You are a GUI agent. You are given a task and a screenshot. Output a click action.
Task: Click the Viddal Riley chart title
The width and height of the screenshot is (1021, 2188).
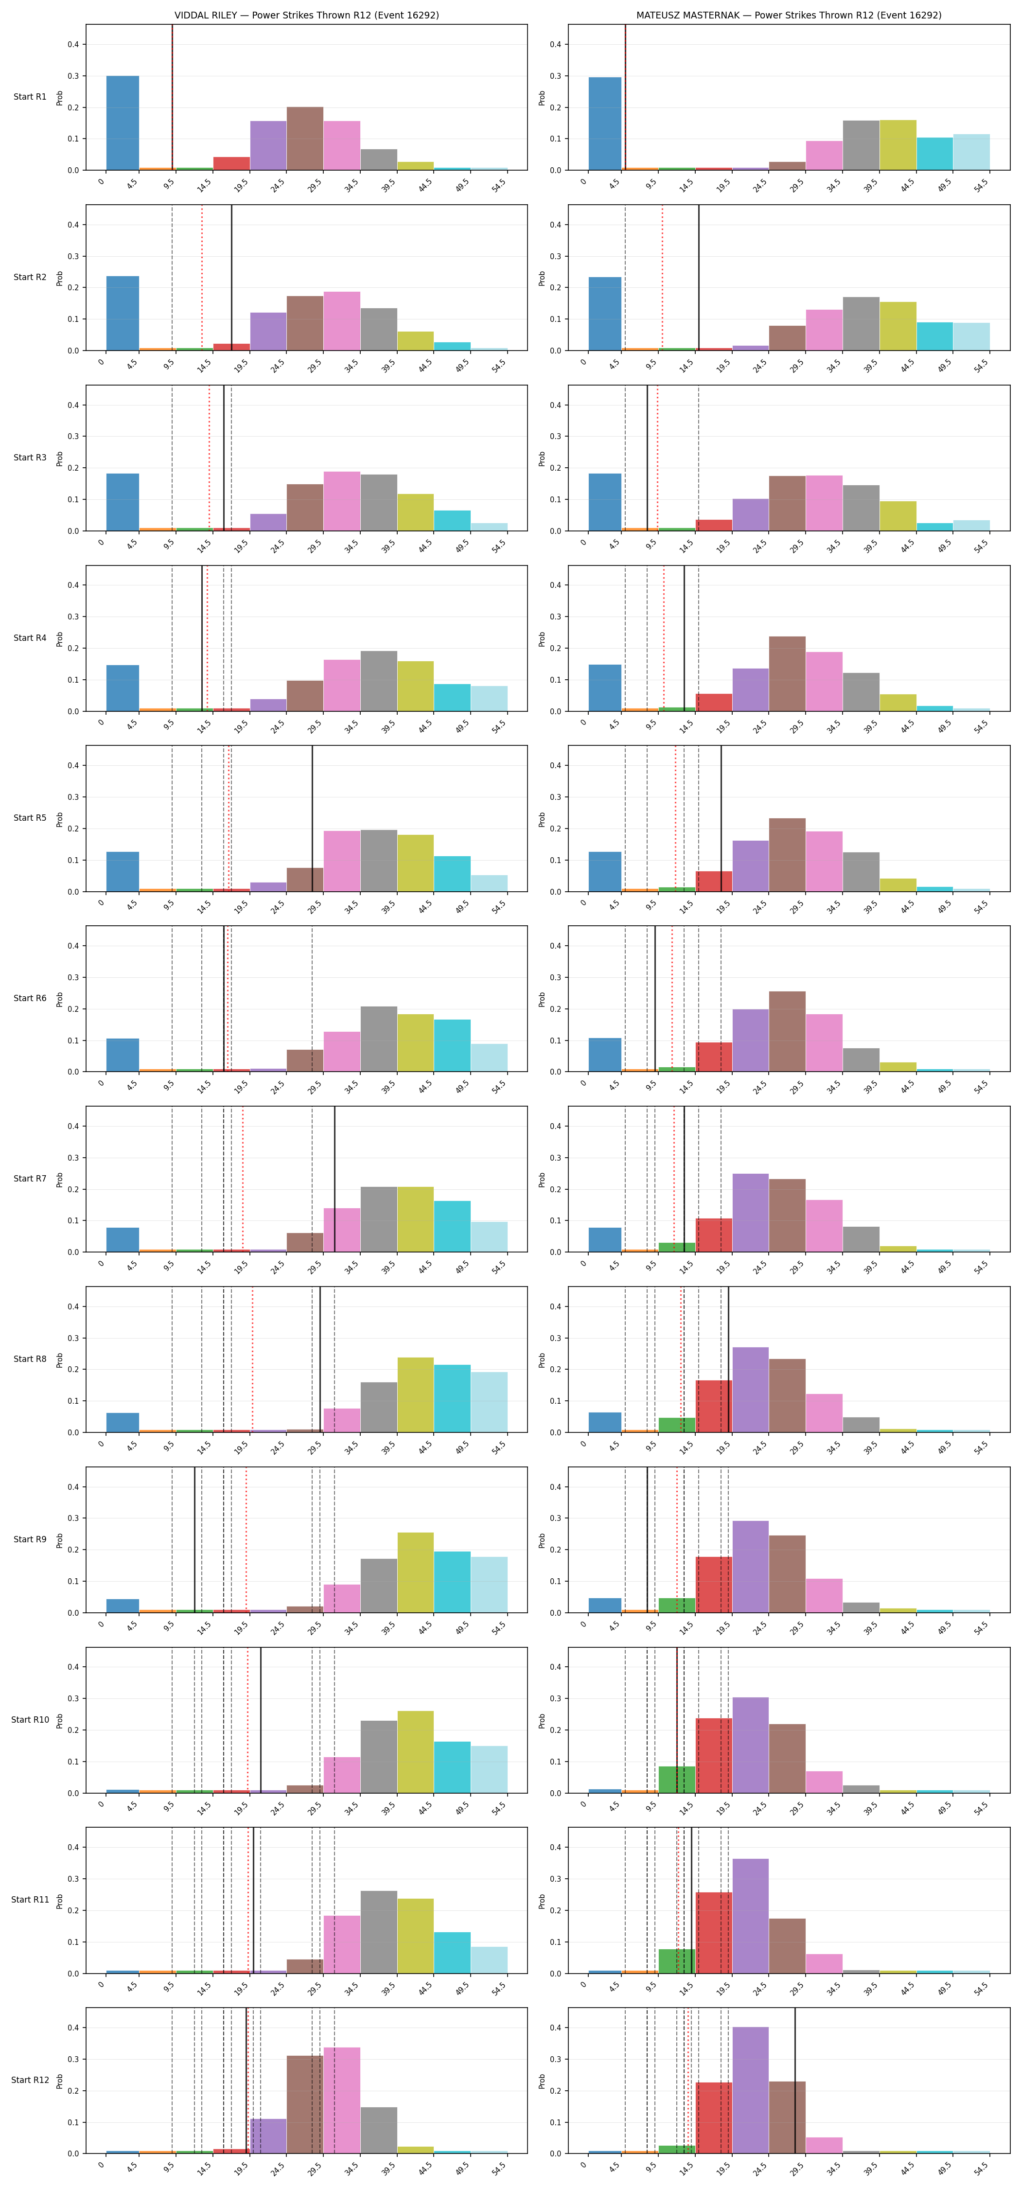point(307,15)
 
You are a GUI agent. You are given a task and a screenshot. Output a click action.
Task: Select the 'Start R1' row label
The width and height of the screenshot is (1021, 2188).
point(30,97)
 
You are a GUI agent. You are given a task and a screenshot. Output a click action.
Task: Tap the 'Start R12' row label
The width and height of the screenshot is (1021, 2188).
point(30,2080)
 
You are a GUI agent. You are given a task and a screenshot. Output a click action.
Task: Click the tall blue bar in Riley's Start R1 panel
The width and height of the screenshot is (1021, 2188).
point(123,123)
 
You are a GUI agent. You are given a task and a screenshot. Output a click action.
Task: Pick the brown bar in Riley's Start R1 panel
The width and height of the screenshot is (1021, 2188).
point(305,139)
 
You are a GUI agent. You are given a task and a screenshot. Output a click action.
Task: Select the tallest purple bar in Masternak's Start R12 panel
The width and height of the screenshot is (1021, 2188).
point(750,2090)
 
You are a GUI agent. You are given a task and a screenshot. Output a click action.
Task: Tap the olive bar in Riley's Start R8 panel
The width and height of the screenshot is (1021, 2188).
point(415,1394)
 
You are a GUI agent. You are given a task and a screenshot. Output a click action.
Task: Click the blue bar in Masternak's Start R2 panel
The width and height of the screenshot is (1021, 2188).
point(605,314)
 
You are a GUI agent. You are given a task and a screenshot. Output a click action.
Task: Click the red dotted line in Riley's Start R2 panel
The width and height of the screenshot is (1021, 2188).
point(202,278)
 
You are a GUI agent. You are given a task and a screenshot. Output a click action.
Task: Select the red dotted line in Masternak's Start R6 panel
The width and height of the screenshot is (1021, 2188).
point(672,999)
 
